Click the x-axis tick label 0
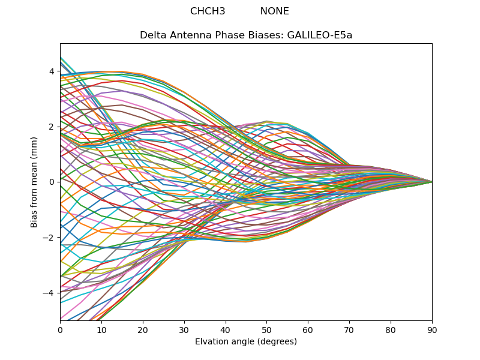click(60, 329)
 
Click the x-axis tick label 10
click(101, 329)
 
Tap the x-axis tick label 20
click(143, 329)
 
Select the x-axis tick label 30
click(184, 329)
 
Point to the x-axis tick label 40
click(226, 329)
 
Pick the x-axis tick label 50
click(266, 329)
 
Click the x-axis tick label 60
click(308, 329)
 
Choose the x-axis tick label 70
click(349, 329)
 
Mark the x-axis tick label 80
click(391, 329)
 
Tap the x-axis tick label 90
click(432, 329)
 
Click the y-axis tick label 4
click(52, 71)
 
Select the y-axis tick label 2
click(52, 127)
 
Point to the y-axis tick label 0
click(52, 182)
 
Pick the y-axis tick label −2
click(49, 237)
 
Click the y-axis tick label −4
click(49, 293)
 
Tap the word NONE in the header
click(274, 11)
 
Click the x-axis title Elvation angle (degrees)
click(246, 341)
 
